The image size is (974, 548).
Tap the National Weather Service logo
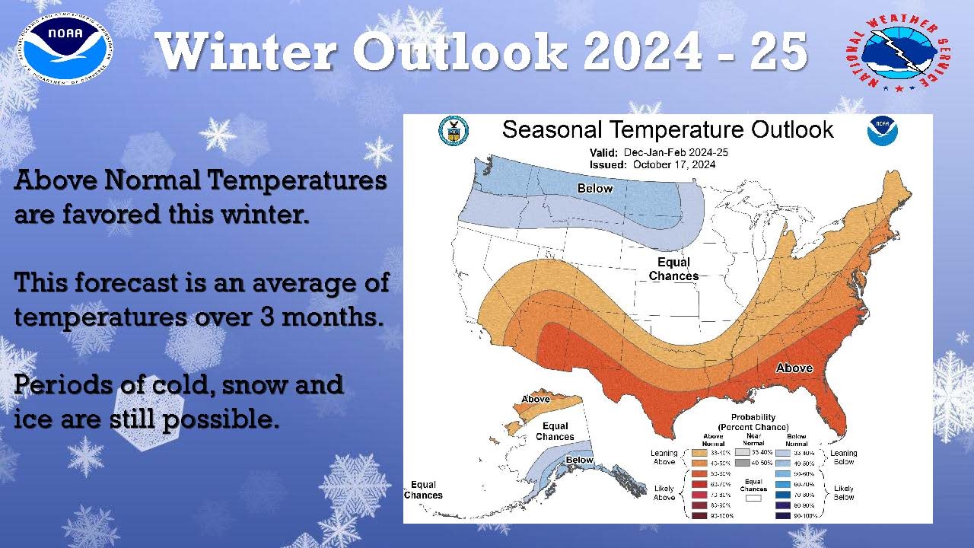(x=898, y=52)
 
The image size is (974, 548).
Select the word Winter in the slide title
(x=248, y=52)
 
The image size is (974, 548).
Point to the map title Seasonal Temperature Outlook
(x=667, y=129)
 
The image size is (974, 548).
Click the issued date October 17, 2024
(x=673, y=164)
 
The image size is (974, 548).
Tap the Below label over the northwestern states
(x=594, y=188)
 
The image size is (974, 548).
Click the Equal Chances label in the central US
(x=673, y=269)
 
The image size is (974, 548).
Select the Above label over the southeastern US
(x=794, y=368)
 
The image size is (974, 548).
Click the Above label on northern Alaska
(x=536, y=399)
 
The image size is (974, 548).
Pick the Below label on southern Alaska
(x=579, y=460)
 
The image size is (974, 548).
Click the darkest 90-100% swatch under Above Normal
(x=699, y=516)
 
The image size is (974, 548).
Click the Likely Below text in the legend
(x=843, y=492)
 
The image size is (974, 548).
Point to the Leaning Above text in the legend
(x=664, y=457)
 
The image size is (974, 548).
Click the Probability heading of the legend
(x=753, y=417)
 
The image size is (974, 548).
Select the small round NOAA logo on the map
(x=883, y=131)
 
